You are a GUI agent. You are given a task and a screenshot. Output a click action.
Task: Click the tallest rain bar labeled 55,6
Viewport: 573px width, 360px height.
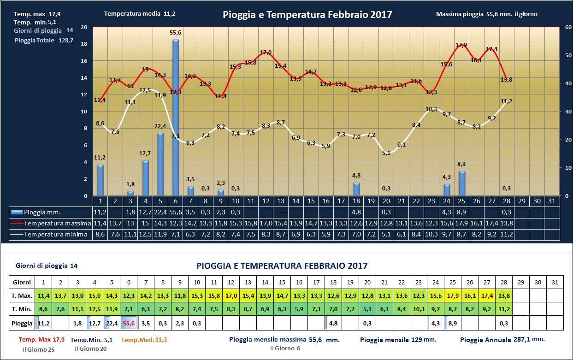tap(176, 118)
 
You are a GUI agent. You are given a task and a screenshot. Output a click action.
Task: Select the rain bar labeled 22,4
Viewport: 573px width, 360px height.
tap(160, 164)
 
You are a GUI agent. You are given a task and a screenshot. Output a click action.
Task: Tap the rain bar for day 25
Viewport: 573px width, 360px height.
tap(462, 183)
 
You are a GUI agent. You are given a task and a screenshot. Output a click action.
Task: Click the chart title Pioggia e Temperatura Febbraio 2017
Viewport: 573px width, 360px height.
tap(307, 15)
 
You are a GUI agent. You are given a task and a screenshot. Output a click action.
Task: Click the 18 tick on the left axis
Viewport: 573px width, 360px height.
tap(84, 44)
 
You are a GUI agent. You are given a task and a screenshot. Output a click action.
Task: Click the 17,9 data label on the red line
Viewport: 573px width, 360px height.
tap(461, 45)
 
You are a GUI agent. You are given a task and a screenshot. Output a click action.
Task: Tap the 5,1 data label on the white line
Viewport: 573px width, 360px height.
tap(386, 153)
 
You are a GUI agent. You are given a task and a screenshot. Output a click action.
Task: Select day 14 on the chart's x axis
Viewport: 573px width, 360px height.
tap(296, 201)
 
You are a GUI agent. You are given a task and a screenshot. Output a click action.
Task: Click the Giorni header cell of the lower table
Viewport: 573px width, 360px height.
tap(22, 282)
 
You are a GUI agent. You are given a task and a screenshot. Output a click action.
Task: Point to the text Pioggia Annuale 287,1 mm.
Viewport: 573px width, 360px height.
tap(502, 339)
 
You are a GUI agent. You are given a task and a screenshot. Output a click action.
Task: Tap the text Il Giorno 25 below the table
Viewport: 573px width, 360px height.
tap(38, 349)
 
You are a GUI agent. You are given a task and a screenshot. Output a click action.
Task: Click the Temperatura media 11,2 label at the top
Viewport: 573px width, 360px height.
tap(140, 14)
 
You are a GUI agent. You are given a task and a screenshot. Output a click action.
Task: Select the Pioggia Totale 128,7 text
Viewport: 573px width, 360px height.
tap(44, 40)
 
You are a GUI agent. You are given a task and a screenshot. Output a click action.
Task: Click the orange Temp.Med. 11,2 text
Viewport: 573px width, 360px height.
tap(144, 340)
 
